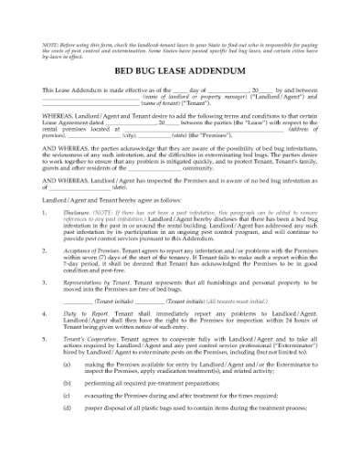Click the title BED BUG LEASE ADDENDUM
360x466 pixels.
179,69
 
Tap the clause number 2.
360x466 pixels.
45,249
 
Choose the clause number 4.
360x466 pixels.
45,312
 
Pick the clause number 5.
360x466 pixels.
45,337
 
